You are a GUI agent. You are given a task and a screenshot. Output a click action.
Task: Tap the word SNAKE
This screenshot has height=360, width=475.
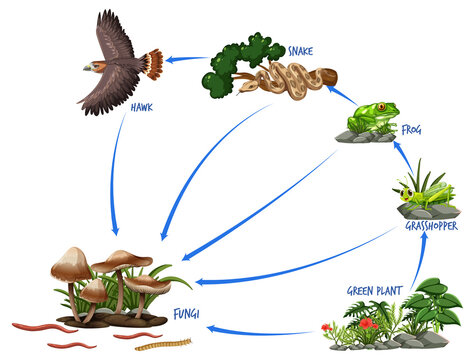[301, 50]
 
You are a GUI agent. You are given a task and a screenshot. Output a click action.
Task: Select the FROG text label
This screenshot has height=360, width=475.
[412, 129]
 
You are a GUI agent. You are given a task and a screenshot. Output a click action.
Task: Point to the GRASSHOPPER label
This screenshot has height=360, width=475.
[432, 226]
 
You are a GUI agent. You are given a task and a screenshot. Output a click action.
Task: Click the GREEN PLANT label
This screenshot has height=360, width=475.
[374, 290]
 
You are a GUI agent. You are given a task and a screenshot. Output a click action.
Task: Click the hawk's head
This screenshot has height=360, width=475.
[92, 66]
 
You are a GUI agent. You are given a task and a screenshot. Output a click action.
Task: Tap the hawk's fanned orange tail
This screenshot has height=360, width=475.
[151, 65]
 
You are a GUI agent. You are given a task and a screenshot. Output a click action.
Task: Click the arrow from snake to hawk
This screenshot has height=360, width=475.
[185, 60]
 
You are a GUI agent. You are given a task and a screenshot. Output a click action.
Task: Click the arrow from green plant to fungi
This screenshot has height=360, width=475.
[260, 330]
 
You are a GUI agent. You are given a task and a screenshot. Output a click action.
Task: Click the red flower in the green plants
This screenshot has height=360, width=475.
[367, 323]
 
